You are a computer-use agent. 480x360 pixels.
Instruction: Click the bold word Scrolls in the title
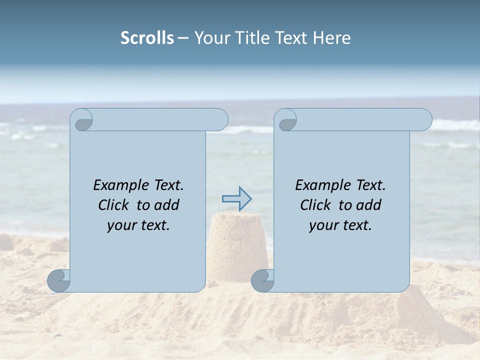tap(147, 38)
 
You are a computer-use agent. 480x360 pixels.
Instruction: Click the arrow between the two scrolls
tap(236, 199)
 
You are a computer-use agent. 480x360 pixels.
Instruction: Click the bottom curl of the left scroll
tap(59, 280)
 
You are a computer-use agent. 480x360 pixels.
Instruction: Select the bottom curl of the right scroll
tap(263, 280)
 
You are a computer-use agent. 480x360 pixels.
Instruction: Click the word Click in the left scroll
tap(114, 205)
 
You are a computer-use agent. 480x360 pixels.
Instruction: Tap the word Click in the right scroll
tap(316, 205)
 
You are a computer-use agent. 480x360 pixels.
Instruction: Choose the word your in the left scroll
tap(122, 226)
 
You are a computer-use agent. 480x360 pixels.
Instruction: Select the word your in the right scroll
tap(324, 226)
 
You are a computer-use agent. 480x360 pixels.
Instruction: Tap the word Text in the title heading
tap(290, 38)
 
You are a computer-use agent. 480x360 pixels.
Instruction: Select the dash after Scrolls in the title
tap(183, 38)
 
